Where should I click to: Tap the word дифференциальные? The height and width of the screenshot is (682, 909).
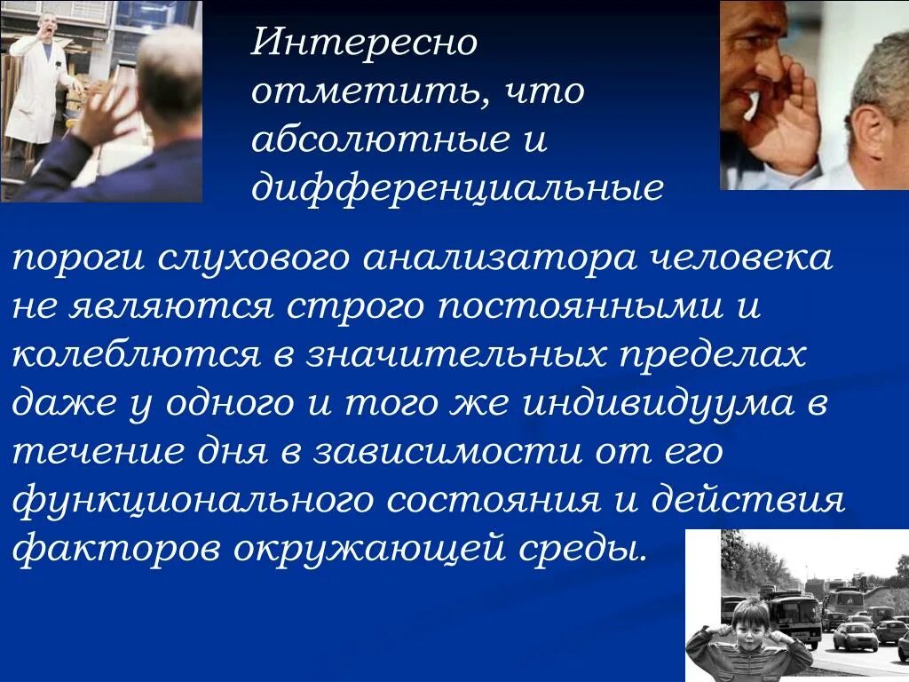pos(457,188)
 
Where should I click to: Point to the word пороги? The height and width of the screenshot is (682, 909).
pos(79,260)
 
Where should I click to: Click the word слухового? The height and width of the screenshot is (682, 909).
pos(257,260)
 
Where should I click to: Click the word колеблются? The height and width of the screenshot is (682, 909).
pos(134,355)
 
